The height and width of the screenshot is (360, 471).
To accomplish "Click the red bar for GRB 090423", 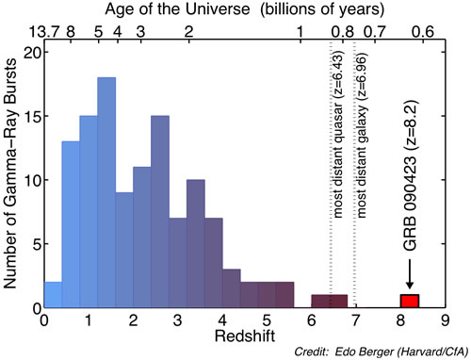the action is tap(410, 301).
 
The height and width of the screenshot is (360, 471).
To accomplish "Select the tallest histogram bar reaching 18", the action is tap(106, 192).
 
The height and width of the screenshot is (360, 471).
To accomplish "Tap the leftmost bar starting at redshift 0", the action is tap(53, 295).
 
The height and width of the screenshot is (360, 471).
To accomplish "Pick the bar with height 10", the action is tap(196, 243).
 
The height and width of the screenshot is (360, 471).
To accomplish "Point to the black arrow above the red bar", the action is tap(410, 274).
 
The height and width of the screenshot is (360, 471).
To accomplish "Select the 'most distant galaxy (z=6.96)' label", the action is tap(362, 136).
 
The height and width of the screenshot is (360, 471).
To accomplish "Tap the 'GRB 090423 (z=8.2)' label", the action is tap(410, 176).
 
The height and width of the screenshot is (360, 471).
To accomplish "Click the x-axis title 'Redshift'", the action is tap(245, 335).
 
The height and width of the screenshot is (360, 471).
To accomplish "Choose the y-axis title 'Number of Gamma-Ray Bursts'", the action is tap(10, 172).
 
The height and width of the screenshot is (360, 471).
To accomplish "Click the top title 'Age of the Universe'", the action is tap(177, 9).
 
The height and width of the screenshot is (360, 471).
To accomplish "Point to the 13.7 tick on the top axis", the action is tap(44, 32).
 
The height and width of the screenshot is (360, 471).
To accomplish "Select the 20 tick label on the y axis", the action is tap(33, 52).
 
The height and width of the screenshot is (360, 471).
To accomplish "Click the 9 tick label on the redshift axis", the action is tap(445, 321).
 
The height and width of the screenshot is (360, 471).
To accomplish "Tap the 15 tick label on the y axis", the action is tap(33, 116).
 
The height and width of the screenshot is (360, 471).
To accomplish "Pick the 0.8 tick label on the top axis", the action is tap(343, 32).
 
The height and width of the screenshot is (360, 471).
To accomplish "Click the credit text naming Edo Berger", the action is tap(381, 352).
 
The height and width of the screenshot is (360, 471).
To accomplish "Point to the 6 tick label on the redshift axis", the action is tap(311, 321).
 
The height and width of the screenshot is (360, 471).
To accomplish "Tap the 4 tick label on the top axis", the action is tap(118, 32).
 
